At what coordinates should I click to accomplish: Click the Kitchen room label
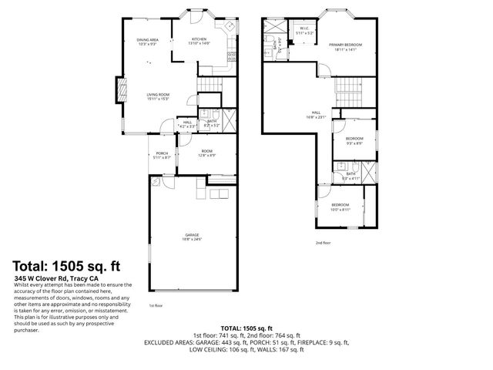pyautogui.click(x=199, y=40)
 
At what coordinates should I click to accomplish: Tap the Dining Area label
pyautogui.click(x=147, y=40)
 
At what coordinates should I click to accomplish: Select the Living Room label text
pyautogui.click(x=159, y=96)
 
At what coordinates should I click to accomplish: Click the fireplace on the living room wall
pyautogui.click(x=119, y=91)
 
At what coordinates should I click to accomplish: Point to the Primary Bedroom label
pyautogui.click(x=346, y=47)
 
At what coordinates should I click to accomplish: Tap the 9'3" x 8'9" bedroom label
pyautogui.click(x=354, y=140)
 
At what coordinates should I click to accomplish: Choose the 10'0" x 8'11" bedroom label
pyautogui.click(x=340, y=207)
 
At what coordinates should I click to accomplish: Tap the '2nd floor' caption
pyautogui.click(x=323, y=243)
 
